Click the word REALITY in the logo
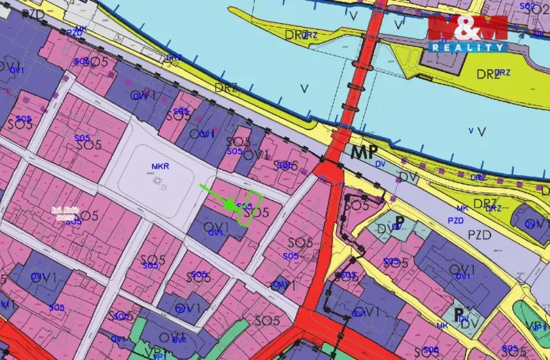coord(468,48)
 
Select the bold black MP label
coord(365,152)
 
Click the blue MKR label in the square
coord(160,166)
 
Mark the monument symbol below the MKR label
coord(160,183)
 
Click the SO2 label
coord(528,6)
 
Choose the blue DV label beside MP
coord(380,163)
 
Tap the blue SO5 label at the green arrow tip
coord(244,205)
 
